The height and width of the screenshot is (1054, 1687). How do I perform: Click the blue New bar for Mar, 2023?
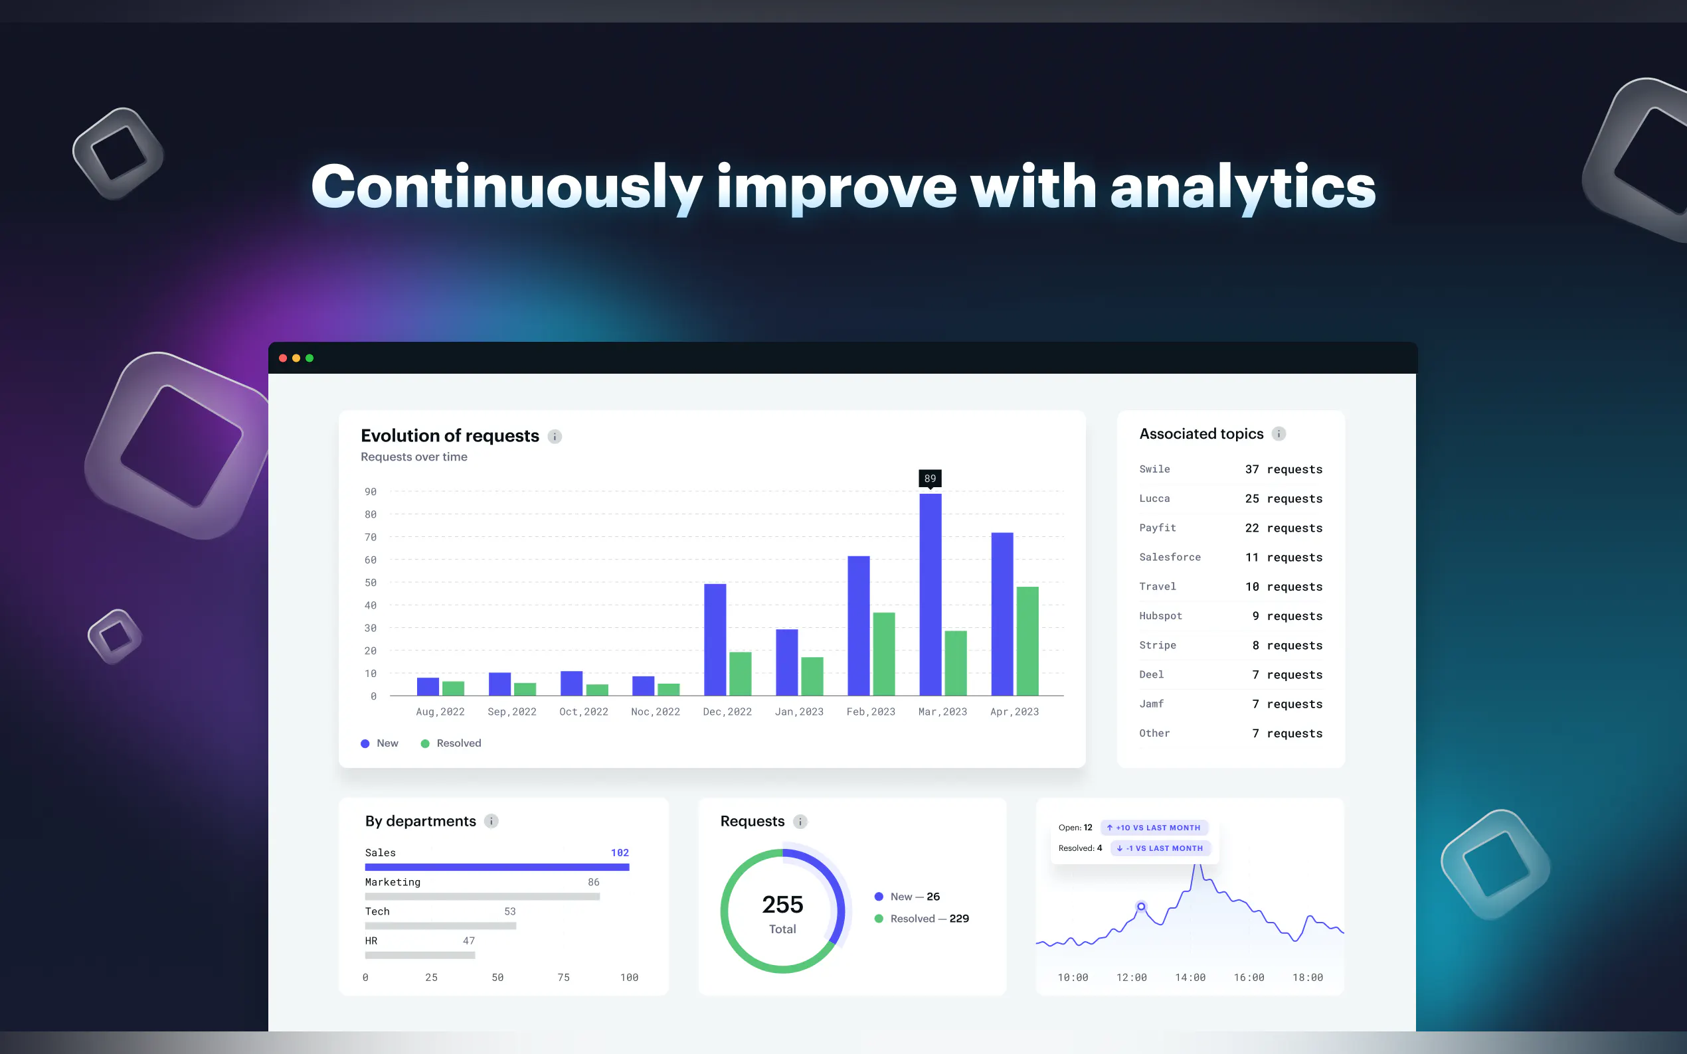pyautogui.click(x=931, y=595)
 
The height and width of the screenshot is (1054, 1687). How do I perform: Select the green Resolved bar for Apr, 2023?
pyautogui.click(x=1027, y=641)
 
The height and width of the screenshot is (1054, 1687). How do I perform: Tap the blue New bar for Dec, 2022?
pyautogui.click(x=715, y=640)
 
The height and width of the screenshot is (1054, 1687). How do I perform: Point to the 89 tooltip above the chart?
pyautogui.click(x=931, y=478)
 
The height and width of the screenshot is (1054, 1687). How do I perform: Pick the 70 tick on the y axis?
pyautogui.click(x=371, y=537)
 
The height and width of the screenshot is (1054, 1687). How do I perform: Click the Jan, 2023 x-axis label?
pyautogui.click(x=799, y=712)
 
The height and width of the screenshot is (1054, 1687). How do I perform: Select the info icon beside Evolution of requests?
pyautogui.click(x=555, y=436)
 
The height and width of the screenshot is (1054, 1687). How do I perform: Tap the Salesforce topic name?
pyautogui.click(x=1170, y=557)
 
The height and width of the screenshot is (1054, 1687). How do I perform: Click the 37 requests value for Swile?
pyautogui.click(x=1283, y=469)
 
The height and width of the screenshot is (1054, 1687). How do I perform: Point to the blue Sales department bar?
pyautogui.click(x=497, y=867)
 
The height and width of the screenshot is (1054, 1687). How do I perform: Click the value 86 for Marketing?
pyautogui.click(x=594, y=882)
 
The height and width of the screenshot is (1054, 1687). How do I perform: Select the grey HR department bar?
pyautogui.click(x=420, y=955)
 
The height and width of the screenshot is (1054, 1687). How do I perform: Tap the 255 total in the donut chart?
pyautogui.click(x=782, y=904)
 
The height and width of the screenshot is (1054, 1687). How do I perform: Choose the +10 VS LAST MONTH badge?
pyautogui.click(x=1154, y=828)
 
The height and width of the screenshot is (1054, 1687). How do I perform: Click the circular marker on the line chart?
pyautogui.click(x=1141, y=906)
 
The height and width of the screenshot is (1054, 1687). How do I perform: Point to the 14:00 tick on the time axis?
pyautogui.click(x=1190, y=977)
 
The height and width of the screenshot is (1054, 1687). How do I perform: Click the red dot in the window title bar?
pyautogui.click(x=283, y=358)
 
